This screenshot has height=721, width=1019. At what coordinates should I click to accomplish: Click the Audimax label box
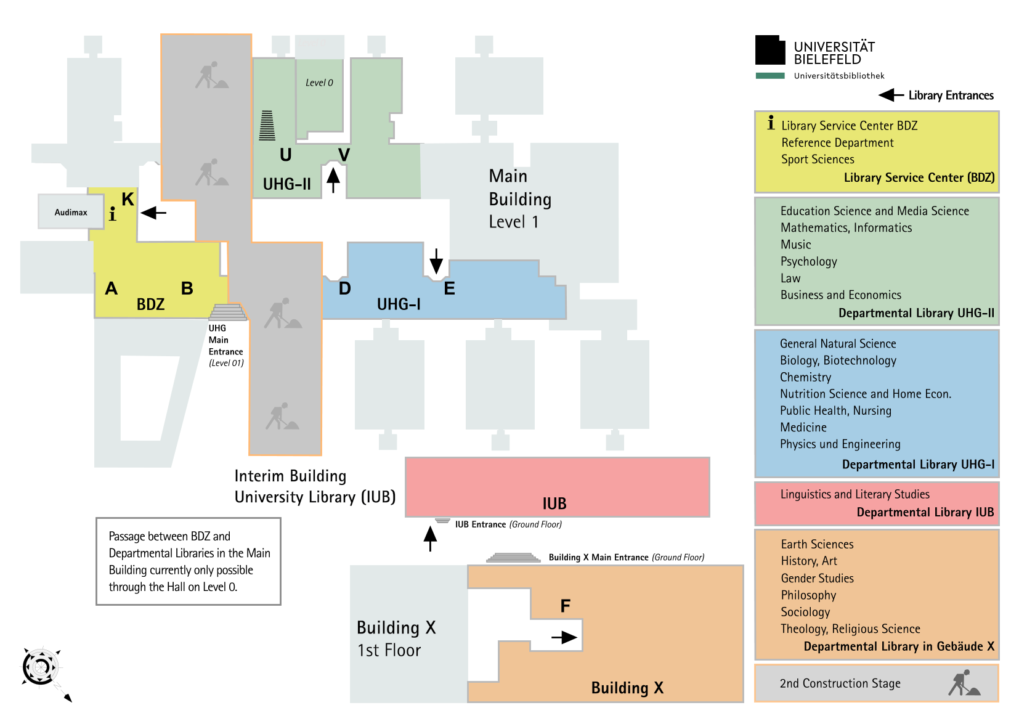coord(71,212)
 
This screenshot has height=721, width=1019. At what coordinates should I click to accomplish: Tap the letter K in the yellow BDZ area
coord(128,199)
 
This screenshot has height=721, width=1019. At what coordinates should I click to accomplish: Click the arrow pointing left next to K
coord(153,213)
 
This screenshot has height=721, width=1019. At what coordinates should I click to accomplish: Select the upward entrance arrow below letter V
coord(333,180)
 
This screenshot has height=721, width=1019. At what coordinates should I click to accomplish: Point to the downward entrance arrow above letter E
coord(436,261)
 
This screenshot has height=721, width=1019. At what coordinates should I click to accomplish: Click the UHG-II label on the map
coord(286,184)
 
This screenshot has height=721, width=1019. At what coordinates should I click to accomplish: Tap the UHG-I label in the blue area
coord(399,304)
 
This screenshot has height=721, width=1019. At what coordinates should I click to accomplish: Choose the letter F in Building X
coord(565,606)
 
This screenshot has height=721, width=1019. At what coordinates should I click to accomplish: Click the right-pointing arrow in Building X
coord(564,638)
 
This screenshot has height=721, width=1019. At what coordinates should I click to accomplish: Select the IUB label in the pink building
coord(554,503)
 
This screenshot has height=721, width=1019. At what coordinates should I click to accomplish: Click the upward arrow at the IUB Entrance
coord(430,538)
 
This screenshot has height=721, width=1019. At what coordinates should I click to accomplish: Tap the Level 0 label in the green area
coord(319,83)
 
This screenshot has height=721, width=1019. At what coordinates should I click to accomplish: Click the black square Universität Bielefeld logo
coord(770,51)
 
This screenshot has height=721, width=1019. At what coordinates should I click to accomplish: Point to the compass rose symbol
coord(41,667)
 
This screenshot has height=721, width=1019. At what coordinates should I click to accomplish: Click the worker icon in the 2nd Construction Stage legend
coord(964,683)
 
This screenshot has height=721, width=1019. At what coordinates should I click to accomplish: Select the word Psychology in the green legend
coord(808,261)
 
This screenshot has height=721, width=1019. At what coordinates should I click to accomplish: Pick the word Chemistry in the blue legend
coord(805,377)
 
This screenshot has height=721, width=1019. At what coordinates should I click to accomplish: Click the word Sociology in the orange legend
coord(805,612)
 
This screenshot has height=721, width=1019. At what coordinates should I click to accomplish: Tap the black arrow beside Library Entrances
coord(891,95)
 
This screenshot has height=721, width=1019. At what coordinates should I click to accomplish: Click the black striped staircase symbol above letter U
coord(267,126)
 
